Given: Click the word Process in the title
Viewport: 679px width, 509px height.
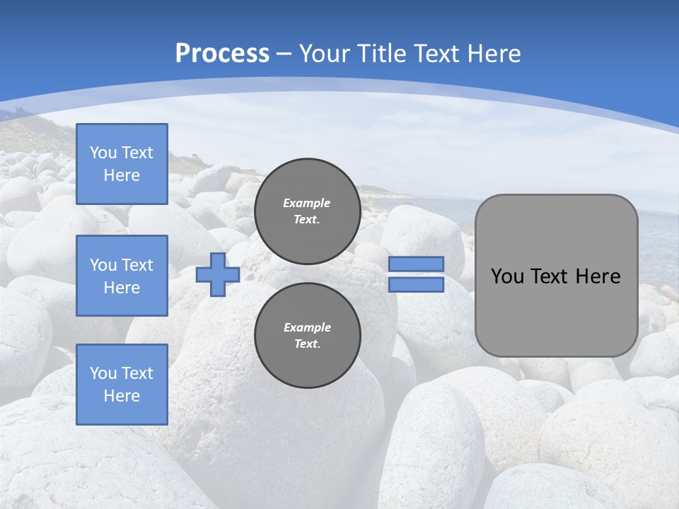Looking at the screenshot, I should pos(222,53).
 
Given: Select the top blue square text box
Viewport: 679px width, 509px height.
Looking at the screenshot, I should pos(122,164).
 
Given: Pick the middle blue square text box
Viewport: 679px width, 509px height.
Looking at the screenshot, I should pos(122,276).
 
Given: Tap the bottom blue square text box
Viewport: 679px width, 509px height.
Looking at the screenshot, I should pos(122,385).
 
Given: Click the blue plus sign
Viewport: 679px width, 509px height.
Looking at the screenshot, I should pos(218,274).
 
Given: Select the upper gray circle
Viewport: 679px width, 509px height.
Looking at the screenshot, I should pos(308,211).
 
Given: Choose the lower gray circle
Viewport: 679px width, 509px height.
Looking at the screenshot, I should pos(308,335).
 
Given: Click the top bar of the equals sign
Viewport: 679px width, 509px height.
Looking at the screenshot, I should pos(417,264).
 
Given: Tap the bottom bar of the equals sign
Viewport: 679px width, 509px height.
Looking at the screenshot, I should pos(417,285).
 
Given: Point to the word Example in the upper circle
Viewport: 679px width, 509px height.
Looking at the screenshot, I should pos(307,203).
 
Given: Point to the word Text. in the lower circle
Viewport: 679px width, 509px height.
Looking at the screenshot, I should pos(307,344).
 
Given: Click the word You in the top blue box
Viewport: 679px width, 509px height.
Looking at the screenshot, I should pos(103,153).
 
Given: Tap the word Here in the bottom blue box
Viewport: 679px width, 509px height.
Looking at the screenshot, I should pos(122,396).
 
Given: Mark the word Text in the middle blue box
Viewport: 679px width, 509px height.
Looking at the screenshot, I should pos(137,265).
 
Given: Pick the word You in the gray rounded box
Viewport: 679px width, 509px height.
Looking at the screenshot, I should pos(507,276).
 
